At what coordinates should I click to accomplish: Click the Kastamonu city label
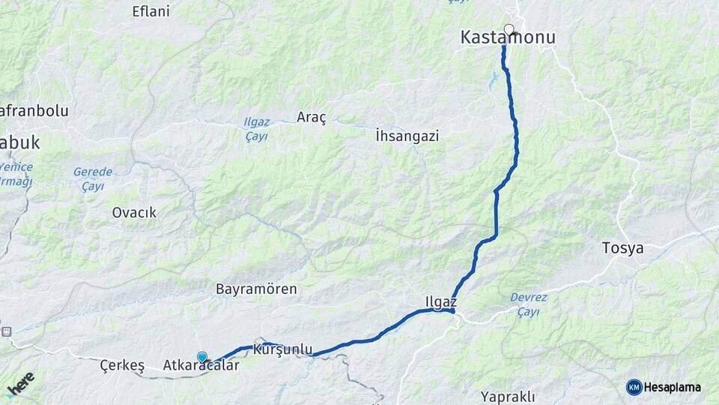tap(508, 37)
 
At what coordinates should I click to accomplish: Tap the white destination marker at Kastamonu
tap(509, 29)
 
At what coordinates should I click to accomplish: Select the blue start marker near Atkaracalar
tap(202, 357)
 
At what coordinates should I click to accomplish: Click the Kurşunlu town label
tap(282, 349)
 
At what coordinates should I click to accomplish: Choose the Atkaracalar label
tap(201, 366)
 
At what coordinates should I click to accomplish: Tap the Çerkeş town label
tap(122, 365)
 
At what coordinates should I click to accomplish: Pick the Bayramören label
tap(256, 289)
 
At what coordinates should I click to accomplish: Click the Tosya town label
tap(622, 248)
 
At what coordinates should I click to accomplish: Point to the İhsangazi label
tap(407, 136)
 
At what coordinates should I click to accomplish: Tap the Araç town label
tap(312, 117)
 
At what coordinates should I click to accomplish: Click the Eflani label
tap(151, 11)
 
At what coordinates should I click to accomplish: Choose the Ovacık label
tap(134, 212)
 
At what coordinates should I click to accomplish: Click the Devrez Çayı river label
tap(529, 304)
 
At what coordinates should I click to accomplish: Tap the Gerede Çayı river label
tap(93, 178)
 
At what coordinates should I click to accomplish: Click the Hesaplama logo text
tap(672, 388)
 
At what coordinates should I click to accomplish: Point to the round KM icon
tap(634, 388)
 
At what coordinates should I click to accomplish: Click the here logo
tap(21, 383)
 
